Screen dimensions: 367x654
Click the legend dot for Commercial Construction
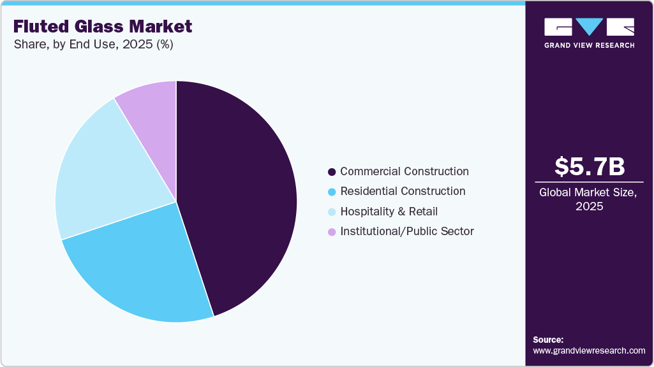(331, 172)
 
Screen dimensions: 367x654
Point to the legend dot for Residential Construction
(331, 192)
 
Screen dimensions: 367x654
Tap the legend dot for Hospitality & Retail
(331, 212)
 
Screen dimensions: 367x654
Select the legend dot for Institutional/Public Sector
(331, 232)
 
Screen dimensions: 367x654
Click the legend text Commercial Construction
(405, 171)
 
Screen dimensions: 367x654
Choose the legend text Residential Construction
(403, 191)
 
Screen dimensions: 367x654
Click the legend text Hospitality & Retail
(389, 212)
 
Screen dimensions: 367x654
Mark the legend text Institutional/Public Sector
(406, 231)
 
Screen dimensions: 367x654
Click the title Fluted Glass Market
(103, 26)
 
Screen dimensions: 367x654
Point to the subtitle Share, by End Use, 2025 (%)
(93, 45)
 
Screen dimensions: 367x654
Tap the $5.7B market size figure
(589, 166)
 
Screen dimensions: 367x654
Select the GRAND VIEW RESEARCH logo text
(589, 45)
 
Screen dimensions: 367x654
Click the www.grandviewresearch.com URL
(589, 350)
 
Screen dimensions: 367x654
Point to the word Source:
(548, 340)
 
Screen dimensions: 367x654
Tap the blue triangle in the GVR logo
(589, 26)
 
